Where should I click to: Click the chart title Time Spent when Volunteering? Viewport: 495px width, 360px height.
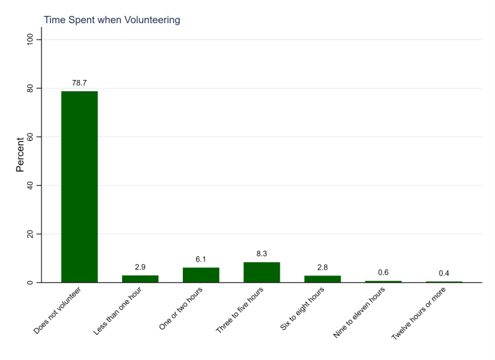(x=112, y=20)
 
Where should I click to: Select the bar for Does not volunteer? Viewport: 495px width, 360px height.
(x=79, y=187)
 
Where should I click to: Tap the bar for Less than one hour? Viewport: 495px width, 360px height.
(x=140, y=279)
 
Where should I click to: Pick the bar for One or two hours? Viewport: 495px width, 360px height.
(x=201, y=275)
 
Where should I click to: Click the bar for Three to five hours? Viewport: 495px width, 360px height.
(x=261, y=272)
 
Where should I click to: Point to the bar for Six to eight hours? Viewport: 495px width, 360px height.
(x=322, y=279)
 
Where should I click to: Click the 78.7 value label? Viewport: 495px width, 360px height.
(x=79, y=83)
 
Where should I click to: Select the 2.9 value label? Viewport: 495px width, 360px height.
(x=140, y=267)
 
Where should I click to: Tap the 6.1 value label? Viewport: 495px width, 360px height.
(x=201, y=260)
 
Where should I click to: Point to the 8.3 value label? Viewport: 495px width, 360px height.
(x=261, y=254)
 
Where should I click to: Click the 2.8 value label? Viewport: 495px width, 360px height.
(x=322, y=268)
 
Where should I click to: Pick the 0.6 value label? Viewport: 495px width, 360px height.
(x=383, y=273)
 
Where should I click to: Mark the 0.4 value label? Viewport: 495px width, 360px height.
(x=444, y=273)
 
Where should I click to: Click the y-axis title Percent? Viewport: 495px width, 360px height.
(x=20, y=155)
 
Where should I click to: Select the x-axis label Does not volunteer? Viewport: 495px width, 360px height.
(x=57, y=310)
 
